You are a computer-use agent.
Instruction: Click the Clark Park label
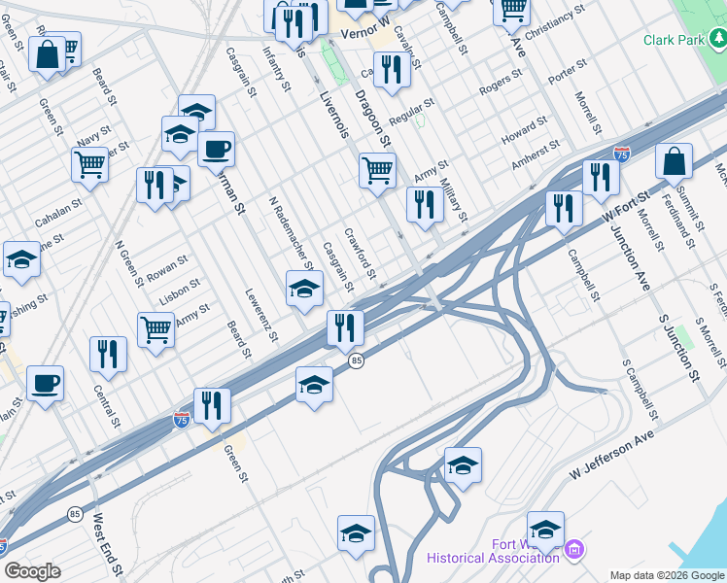pos(676,41)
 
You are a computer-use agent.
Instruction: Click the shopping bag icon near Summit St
pos(674,162)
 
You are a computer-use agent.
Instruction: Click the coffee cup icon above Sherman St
pos(216,150)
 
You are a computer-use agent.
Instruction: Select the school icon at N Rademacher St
pos(304,289)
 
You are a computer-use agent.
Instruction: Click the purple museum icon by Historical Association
pos(574,551)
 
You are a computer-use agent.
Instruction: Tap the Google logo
pos(32,570)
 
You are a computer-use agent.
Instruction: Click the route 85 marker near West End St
pos(75,513)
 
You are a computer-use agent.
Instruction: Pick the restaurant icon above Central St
pos(108,354)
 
